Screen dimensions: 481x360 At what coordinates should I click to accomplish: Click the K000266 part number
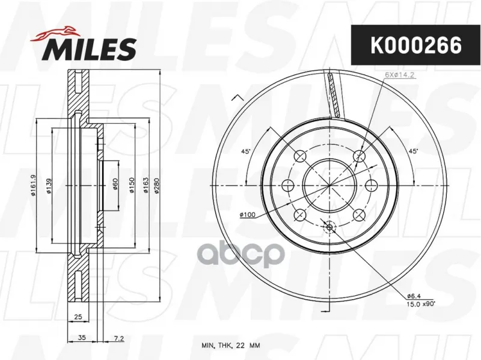[x=416, y=45]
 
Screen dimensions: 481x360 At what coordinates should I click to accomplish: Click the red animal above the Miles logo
[x=55, y=33]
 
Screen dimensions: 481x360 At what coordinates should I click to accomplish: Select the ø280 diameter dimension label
[x=156, y=185]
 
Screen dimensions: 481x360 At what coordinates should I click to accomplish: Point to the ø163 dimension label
[x=146, y=185]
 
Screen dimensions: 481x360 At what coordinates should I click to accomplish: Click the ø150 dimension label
[x=132, y=185]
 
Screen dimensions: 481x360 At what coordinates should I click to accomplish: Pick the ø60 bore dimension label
[x=115, y=185]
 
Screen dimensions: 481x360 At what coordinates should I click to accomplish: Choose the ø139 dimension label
[x=49, y=186]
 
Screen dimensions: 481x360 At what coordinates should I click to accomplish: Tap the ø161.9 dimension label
[x=33, y=185]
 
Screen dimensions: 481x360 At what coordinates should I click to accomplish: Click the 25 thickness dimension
[x=78, y=317]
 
